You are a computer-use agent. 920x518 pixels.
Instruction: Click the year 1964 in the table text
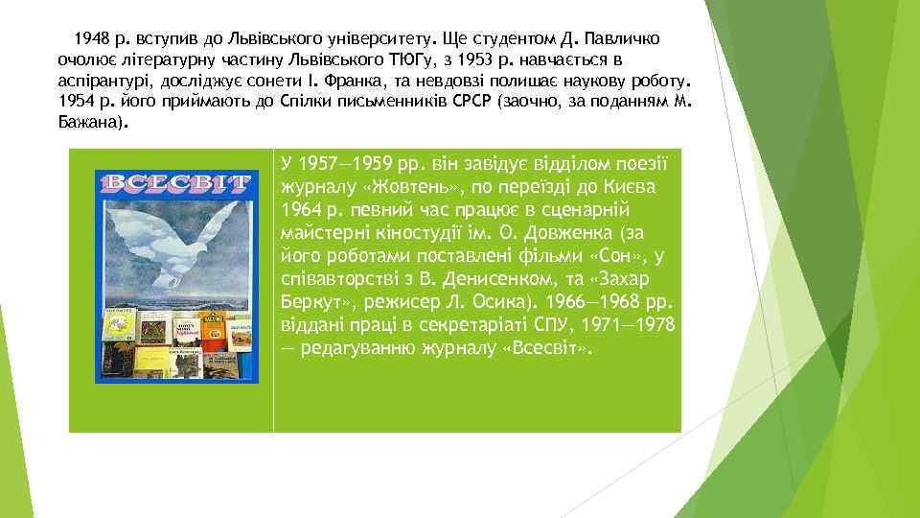(x=302, y=209)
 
